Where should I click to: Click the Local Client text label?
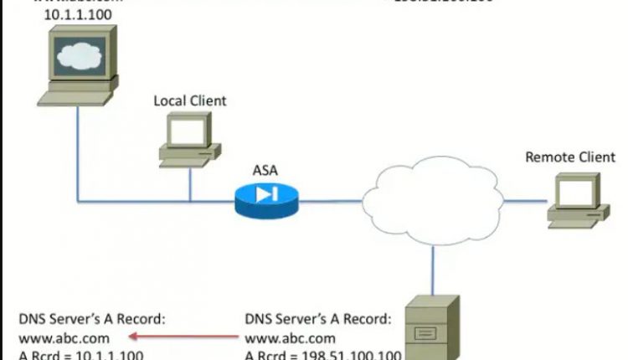pos(189,101)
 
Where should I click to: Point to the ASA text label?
pos(265,171)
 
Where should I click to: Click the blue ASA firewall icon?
pos(265,196)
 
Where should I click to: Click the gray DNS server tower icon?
pos(434,327)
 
